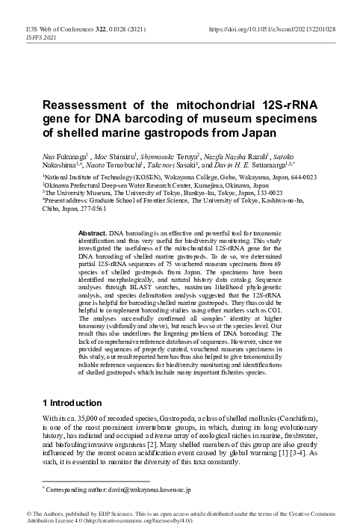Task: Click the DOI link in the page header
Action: point(278,28)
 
